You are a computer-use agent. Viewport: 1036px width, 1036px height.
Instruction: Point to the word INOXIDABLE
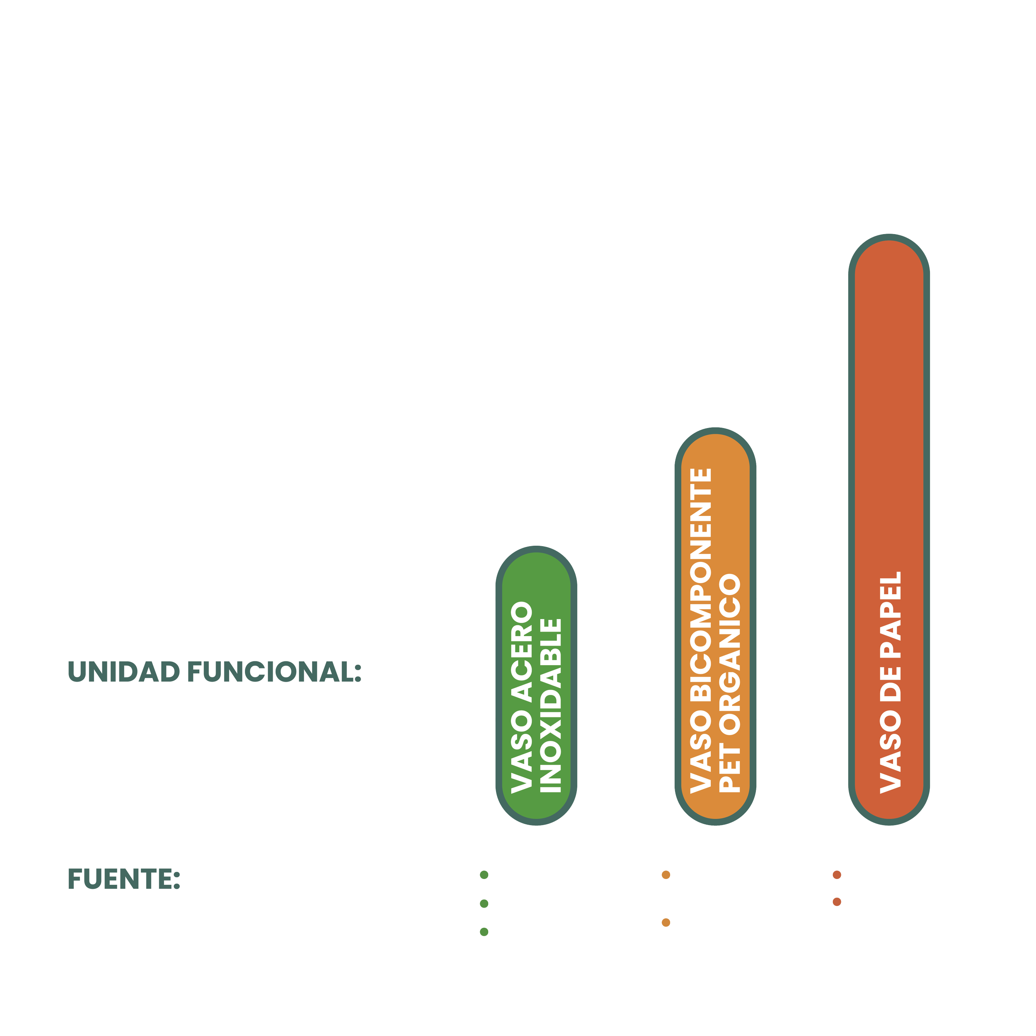click(x=550, y=705)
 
